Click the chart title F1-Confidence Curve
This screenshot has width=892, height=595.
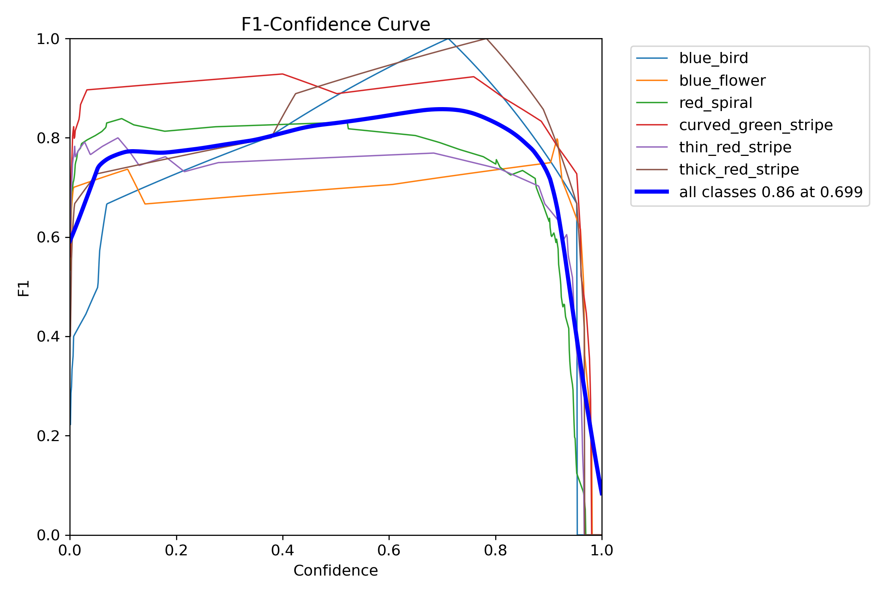pyautogui.click(x=335, y=25)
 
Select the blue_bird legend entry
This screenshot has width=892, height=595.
pyautogui.click(x=713, y=58)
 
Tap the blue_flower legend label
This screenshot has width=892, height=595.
pyautogui.click(x=722, y=81)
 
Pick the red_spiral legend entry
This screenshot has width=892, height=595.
pyautogui.click(x=715, y=103)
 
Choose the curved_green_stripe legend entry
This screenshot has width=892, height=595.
pyautogui.click(x=756, y=125)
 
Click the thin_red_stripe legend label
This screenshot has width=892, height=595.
pyautogui.click(x=735, y=148)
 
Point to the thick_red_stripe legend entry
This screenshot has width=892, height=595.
pyautogui.click(x=739, y=170)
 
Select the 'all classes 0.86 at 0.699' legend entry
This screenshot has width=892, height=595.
pyautogui.click(x=770, y=192)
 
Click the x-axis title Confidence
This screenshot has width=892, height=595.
pyautogui.click(x=335, y=570)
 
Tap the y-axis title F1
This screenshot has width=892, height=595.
pyautogui.click(x=24, y=288)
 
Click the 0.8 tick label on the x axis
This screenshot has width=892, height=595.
pyautogui.click(x=495, y=551)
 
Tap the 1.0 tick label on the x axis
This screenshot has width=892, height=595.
pyautogui.click(x=601, y=551)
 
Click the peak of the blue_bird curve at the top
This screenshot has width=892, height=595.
pyautogui.click(x=448, y=39)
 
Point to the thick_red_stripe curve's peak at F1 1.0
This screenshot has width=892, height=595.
pyautogui.click(x=486, y=39)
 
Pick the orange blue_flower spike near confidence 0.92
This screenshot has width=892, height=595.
pyautogui.click(x=557, y=139)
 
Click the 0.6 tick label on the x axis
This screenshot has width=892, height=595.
pyautogui.click(x=389, y=551)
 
